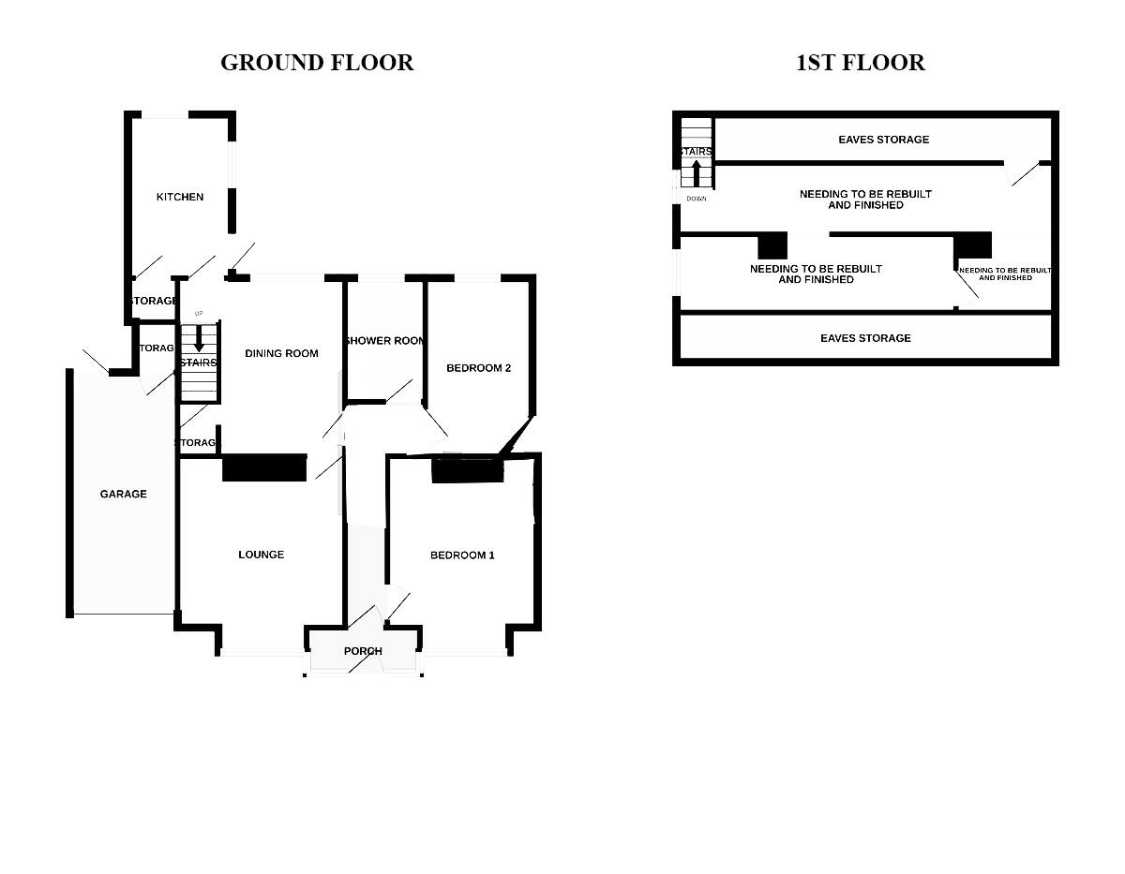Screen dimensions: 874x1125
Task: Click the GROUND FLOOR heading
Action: click(x=317, y=63)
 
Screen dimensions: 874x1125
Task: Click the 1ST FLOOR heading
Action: click(x=860, y=63)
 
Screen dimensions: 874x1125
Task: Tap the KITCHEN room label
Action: click(x=179, y=197)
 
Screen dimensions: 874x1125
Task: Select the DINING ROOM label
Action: click(x=281, y=353)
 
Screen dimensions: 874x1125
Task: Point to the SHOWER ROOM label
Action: click(x=385, y=341)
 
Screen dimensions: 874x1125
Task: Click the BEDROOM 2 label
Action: click(x=478, y=368)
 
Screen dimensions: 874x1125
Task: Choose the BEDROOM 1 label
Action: click(x=462, y=556)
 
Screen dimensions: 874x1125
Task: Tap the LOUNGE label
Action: click(x=261, y=555)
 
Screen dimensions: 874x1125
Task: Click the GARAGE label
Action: click(x=124, y=494)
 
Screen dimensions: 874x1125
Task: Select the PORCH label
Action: click(x=363, y=651)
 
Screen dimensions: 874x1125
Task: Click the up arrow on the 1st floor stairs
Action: click(x=696, y=174)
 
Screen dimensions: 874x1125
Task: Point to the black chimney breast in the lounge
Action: click(x=264, y=468)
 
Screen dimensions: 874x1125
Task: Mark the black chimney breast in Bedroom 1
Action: click(x=467, y=471)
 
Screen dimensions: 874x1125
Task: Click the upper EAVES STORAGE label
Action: click(x=883, y=140)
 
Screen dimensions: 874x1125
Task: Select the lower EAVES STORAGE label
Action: click(x=865, y=338)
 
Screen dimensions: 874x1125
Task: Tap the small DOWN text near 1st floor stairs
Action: click(x=696, y=199)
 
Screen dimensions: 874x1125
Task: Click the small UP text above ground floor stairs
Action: click(x=198, y=313)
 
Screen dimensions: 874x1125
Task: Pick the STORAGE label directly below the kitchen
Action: click(x=154, y=301)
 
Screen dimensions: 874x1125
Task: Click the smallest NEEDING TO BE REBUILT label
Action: click(x=1005, y=274)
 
